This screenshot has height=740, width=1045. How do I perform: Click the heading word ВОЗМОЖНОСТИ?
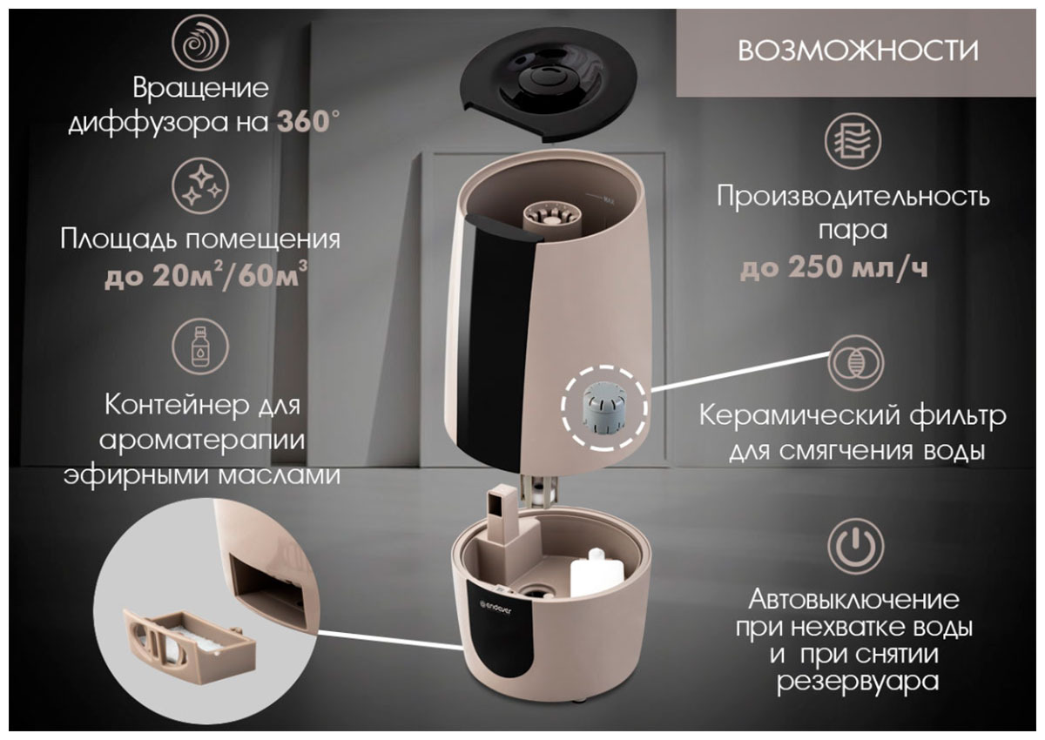click(x=858, y=50)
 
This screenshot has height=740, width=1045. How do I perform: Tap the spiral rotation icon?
click(x=200, y=43)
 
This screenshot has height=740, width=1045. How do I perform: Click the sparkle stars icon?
click(x=200, y=185)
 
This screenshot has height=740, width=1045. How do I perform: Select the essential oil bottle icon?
click(x=200, y=346)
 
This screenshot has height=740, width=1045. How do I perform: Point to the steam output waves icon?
click(x=853, y=141)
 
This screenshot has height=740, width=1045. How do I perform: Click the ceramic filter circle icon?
click(x=855, y=363)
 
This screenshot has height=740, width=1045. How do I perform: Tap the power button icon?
click(x=855, y=546)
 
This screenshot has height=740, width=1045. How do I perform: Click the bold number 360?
click(x=303, y=122)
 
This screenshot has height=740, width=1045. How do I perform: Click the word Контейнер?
click(x=177, y=405)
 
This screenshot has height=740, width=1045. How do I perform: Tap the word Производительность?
click(x=853, y=196)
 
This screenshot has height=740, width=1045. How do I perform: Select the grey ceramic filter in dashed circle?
click(x=604, y=407)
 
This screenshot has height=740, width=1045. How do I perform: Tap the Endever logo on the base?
click(x=496, y=609)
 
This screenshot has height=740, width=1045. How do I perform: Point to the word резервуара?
click(x=858, y=683)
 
